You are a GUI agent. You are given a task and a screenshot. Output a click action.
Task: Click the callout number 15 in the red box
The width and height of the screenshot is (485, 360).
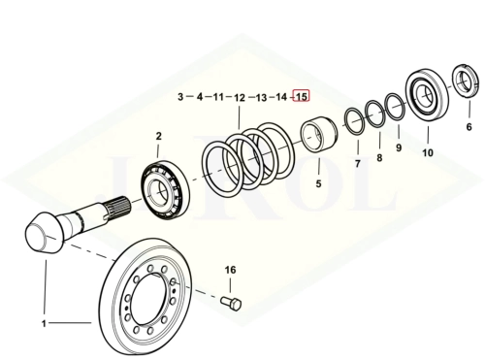(x=302, y=96)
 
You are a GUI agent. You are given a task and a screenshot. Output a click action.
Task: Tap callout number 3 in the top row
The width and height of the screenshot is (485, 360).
(x=180, y=96)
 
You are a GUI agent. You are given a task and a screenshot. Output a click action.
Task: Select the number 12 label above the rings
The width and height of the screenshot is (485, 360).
(x=240, y=97)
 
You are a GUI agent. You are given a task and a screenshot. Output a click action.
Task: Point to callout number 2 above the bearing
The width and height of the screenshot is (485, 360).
(x=158, y=136)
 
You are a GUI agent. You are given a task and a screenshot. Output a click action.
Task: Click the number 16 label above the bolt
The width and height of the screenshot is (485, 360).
(x=230, y=270)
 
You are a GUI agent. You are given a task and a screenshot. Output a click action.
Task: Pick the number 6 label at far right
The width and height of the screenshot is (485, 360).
(x=469, y=127)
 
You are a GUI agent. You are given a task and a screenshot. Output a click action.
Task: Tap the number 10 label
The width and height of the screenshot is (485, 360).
(x=428, y=152)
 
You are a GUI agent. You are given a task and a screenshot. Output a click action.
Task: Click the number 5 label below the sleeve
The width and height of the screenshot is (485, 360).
(x=318, y=183)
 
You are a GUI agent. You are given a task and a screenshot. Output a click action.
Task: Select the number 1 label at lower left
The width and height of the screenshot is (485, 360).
(x=44, y=323)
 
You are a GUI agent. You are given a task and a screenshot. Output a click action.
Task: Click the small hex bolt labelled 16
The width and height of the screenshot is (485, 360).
(x=231, y=304)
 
